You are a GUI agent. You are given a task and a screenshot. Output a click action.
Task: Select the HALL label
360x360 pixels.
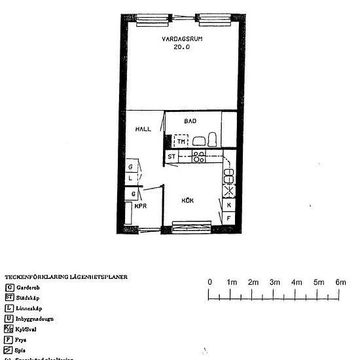[143, 129]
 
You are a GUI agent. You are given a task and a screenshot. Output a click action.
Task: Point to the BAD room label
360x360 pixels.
[190, 121]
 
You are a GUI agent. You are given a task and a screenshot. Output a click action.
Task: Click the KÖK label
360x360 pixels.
[188, 200]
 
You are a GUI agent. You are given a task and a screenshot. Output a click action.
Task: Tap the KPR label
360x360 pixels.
[140, 206]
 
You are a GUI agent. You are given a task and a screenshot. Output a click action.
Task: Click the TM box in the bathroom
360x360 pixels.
[181, 141]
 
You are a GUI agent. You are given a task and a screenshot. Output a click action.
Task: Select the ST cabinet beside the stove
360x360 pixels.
[171, 157]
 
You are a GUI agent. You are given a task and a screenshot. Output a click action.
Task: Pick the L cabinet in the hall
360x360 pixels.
[131, 177]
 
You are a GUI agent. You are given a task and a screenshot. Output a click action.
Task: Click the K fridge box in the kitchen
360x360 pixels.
[229, 205]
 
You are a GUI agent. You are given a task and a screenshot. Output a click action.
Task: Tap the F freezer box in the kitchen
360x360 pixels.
[229, 216]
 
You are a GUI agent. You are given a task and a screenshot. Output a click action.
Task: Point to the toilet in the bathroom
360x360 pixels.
[213, 139]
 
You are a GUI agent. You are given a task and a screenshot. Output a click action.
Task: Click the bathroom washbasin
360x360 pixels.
[198, 141]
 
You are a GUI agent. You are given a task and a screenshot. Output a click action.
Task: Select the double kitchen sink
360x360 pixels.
[229, 176]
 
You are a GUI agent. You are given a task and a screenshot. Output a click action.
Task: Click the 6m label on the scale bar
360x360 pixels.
[340, 282]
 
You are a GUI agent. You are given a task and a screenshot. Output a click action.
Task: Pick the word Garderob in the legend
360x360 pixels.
[27, 287]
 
